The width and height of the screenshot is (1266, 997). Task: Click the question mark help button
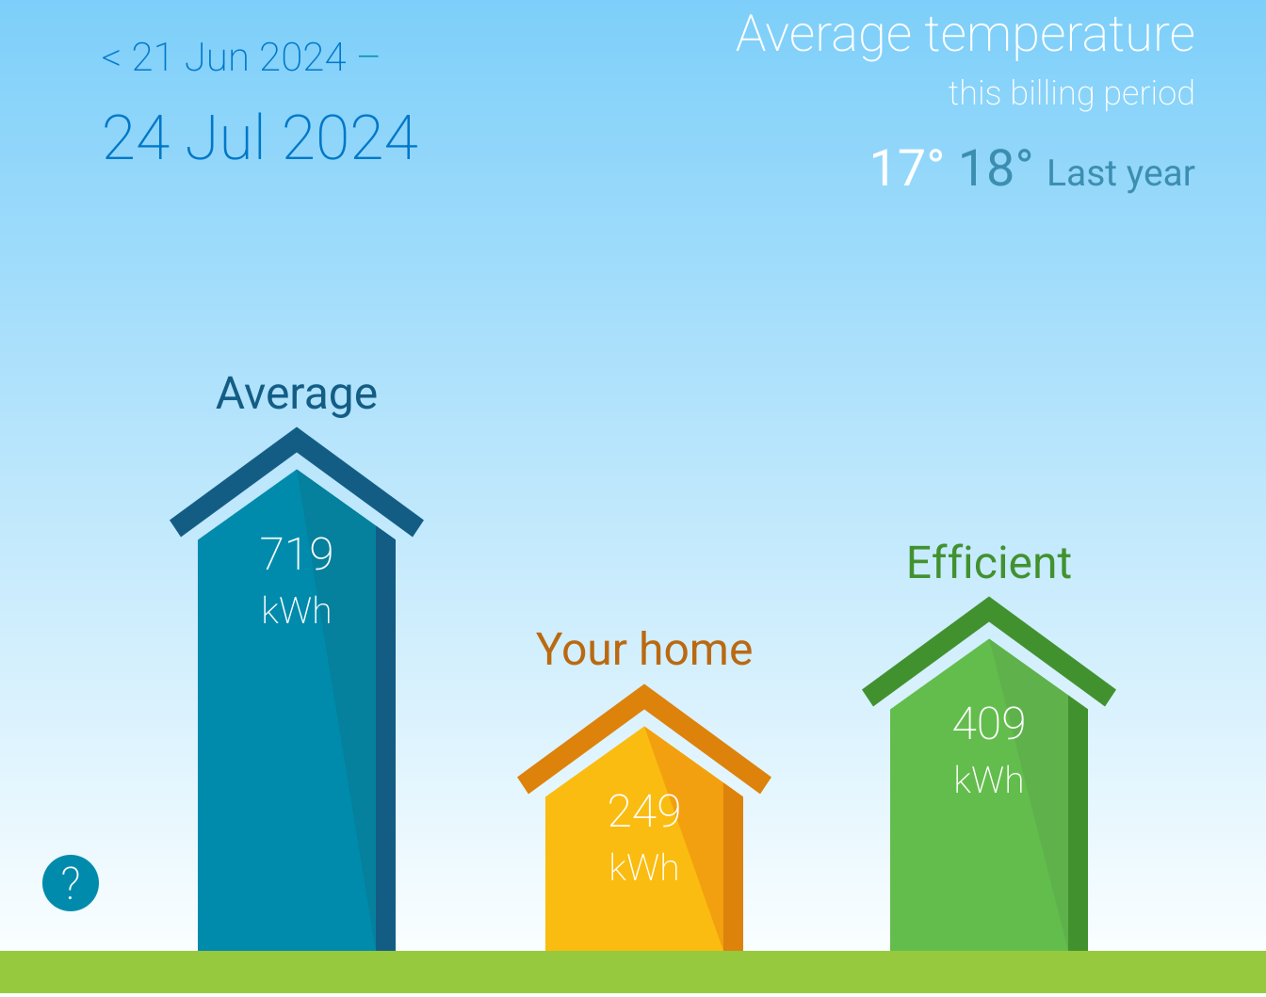pos(71,883)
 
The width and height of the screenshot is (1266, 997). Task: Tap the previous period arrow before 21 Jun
pos(111,58)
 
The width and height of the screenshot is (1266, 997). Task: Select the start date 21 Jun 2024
pos(239,57)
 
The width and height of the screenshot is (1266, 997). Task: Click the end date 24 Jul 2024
pos(260,137)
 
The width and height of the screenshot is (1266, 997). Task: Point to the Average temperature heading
pos(965,35)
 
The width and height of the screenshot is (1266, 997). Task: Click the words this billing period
pos(1071,93)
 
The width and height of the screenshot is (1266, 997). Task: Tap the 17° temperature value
pos(906,169)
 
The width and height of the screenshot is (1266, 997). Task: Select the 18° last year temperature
pos(996,169)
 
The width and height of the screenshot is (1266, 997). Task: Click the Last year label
pos(1121,173)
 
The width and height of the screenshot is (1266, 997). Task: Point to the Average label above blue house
pos(297,394)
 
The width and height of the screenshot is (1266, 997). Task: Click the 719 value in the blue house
pos(297,554)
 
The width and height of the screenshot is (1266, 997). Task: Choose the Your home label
pos(644,650)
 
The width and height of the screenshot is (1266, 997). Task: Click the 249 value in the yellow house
pos(644,812)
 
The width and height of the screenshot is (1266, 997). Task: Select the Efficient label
pos(989,563)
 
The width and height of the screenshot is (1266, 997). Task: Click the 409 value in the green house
pos(989,723)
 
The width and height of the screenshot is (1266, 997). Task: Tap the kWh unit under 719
pos(297,611)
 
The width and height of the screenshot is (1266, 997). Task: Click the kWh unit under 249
pos(644,868)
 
